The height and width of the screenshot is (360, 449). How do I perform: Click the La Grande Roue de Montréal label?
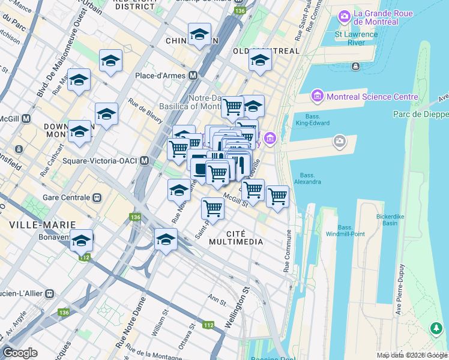point(376,17)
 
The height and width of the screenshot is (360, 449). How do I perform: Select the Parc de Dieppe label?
point(421,114)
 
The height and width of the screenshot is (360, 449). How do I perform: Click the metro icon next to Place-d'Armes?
point(193,76)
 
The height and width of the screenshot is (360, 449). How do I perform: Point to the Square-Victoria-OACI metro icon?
point(144,161)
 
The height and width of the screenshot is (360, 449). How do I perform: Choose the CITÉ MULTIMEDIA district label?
point(236,237)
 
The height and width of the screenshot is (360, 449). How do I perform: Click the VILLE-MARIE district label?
point(42,224)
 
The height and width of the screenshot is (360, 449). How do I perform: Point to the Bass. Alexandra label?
point(307,178)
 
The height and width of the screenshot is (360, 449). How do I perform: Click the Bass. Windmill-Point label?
point(345,230)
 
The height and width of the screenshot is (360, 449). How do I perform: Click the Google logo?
point(20,353)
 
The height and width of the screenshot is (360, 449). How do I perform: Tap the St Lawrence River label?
point(356,38)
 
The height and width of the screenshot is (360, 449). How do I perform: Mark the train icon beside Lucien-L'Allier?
point(49,294)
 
